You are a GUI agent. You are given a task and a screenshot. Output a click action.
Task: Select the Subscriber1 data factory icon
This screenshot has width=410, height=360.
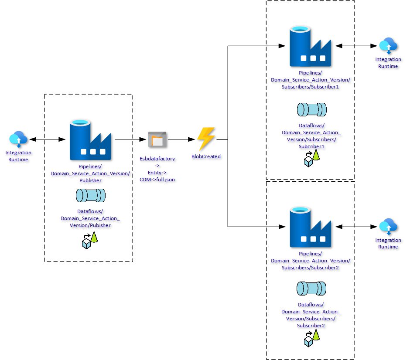tap(310, 45)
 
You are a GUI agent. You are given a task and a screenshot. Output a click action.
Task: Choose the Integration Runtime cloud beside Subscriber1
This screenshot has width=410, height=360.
tap(388, 45)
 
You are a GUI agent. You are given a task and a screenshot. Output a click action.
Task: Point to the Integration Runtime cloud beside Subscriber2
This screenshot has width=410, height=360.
tap(388, 227)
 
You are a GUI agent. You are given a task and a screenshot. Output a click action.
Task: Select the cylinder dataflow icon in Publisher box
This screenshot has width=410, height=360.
tap(91, 195)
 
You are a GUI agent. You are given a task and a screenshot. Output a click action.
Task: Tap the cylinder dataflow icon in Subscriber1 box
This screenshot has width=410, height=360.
tap(311, 109)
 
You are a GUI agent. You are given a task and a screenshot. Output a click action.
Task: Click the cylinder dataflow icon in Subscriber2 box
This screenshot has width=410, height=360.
tap(311, 289)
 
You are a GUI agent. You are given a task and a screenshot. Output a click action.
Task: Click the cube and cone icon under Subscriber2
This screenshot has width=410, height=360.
tap(311, 338)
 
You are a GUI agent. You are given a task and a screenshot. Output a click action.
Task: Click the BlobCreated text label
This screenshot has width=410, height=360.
tap(206, 156)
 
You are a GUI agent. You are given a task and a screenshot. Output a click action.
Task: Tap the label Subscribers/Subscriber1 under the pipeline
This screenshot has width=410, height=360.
tap(311, 86)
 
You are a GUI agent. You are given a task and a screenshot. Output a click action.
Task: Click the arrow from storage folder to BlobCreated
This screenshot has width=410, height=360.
tap(179, 139)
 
